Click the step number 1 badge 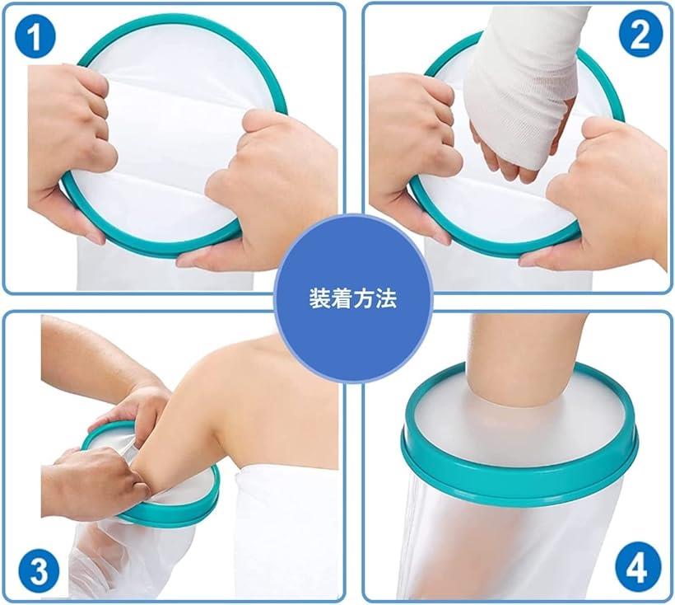(35, 36)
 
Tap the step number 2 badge (640, 34)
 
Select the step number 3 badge (39, 571)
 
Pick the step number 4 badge (638, 569)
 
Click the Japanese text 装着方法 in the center (352, 298)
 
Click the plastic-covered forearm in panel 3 (129, 560)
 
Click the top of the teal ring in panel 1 (181, 18)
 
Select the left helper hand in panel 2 (413, 143)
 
